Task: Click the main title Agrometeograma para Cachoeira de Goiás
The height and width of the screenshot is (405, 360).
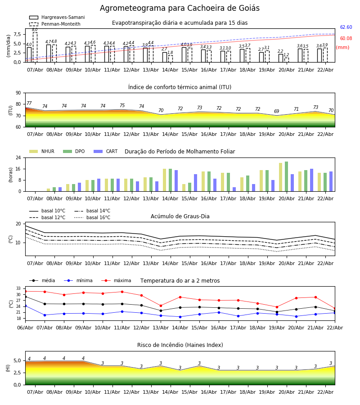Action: click(180, 9)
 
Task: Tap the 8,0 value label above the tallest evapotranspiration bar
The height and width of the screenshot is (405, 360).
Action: click(35, 30)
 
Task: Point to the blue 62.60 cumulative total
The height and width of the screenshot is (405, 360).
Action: click(346, 27)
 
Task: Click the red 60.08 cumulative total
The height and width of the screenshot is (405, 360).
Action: click(346, 39)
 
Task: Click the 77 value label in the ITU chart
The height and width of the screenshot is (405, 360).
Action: click(29, 103)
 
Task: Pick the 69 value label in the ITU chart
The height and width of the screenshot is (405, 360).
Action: click(277, 112)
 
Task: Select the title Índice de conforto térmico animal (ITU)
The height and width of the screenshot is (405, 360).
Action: click(180, 87)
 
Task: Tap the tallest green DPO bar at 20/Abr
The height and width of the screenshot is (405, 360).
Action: click(286, 176)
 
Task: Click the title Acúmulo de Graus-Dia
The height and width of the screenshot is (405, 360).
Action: click(180, 216)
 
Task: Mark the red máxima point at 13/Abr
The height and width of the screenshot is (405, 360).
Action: click(161, 306)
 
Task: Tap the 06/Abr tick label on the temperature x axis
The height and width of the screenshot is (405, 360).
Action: click(25, 327)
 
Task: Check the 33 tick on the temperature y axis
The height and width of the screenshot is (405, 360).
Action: click(18, 288)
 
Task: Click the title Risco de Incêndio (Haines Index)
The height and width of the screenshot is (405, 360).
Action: click(180, 345)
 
